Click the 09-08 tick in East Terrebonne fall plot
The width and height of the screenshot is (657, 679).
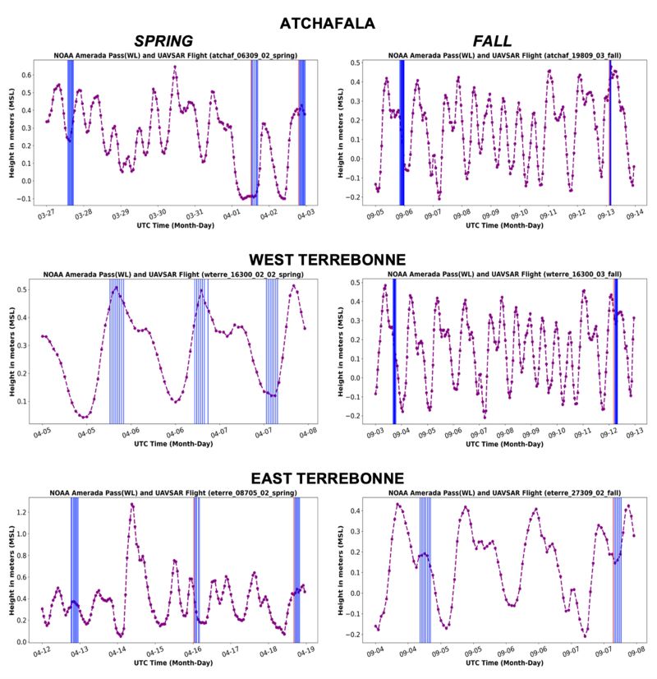pos(635,650)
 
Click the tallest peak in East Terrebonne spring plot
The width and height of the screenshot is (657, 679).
pos(131,504)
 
